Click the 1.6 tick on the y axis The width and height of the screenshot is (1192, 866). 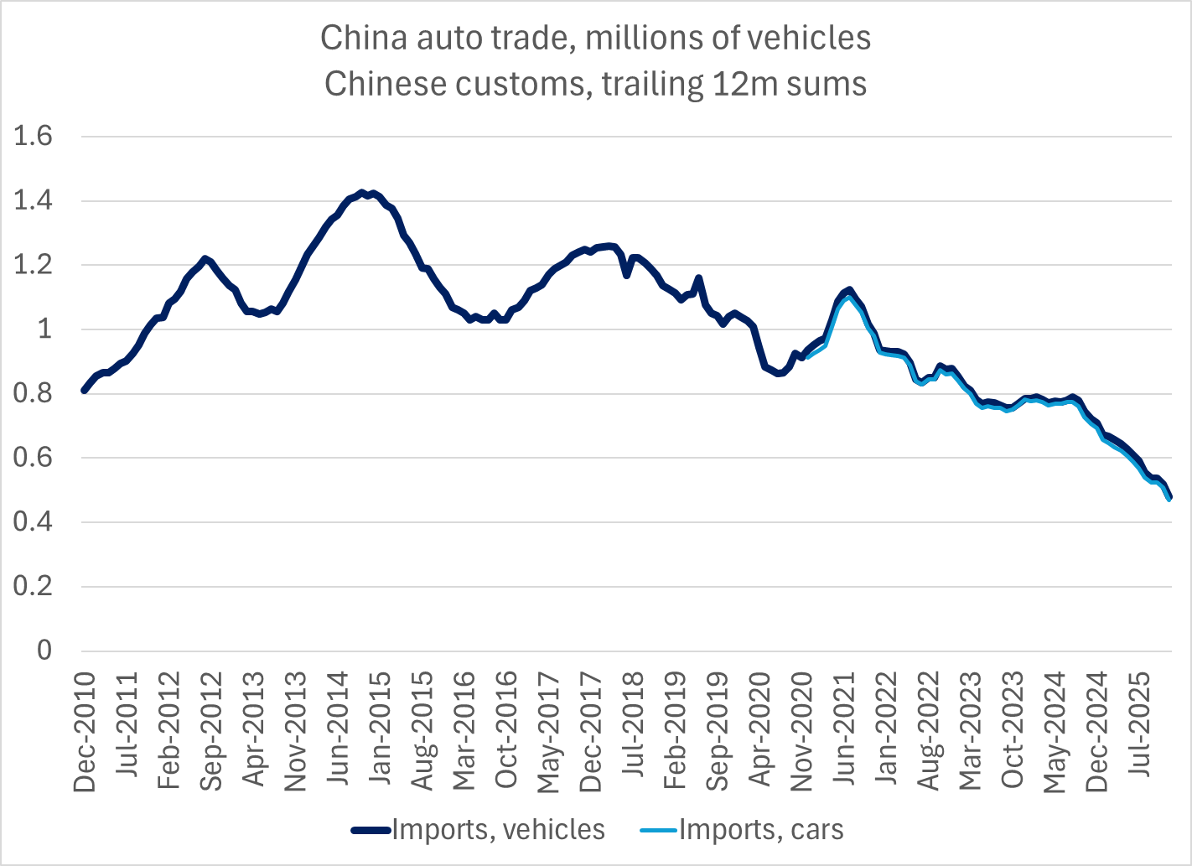pyautogui.click(x=33, y=136)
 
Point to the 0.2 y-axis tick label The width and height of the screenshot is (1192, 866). pyautogui.click(x=33, y=586)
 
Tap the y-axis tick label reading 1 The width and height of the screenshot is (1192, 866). pyautogui.click(x=44, y=329)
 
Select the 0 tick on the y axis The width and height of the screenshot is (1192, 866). pyautogui.click(x=44, y=651)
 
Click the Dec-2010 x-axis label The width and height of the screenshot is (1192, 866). pyautogui.click(x=85, y=731)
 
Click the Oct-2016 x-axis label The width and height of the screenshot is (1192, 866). pyautogui.click(x=505, y=729)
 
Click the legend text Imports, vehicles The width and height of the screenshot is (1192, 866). pyautogui.click(x=498, y=830)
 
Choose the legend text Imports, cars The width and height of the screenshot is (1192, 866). pyautogui.click(x=761, y=830)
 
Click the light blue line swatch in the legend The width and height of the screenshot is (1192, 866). pyautogui.click(x=659, y=830)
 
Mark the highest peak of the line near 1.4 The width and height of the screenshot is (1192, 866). pyautogui.click(x=362, y=193)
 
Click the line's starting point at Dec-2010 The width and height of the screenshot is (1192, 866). pyautogui.click(x=84, y=390)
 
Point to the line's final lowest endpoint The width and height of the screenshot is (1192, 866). pyautogui.click(x=1169, y=498)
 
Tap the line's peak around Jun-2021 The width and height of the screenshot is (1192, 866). pyautogui.click(x=849, y=291)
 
